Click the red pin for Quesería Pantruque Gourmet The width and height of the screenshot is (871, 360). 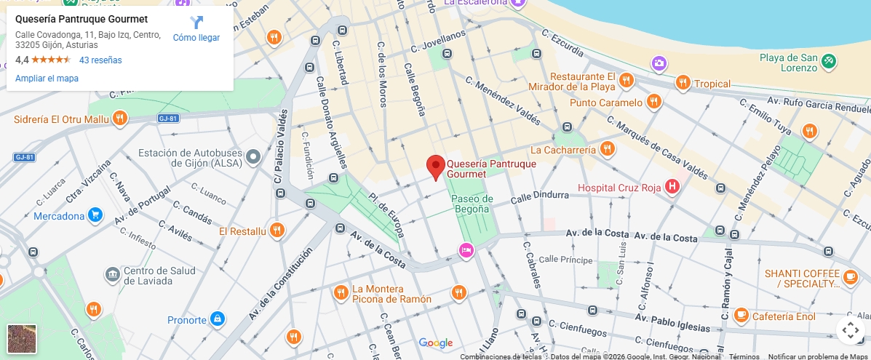point(435,167)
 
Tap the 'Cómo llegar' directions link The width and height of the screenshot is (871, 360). point(196,29)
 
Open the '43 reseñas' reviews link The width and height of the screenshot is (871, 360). point(100,60)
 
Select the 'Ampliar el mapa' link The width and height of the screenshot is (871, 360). point(47,79)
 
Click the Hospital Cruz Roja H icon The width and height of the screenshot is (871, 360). point(672,188)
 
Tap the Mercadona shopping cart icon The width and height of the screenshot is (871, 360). point(95,215)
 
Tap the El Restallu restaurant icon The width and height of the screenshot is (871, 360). point(276,231)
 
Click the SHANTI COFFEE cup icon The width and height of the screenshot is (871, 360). point(850,277)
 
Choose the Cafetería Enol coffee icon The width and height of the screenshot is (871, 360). point(741,316)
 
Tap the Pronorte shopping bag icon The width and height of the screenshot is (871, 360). point(217,319)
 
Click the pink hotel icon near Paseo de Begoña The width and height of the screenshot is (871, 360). point(466,251)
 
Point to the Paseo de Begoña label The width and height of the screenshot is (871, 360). point(472,204)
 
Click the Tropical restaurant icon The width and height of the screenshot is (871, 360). point(682,83)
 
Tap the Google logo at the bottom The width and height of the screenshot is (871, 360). point(435,343)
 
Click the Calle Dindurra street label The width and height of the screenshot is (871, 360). point(539,196)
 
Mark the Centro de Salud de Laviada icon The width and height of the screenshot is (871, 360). point(112,274)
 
